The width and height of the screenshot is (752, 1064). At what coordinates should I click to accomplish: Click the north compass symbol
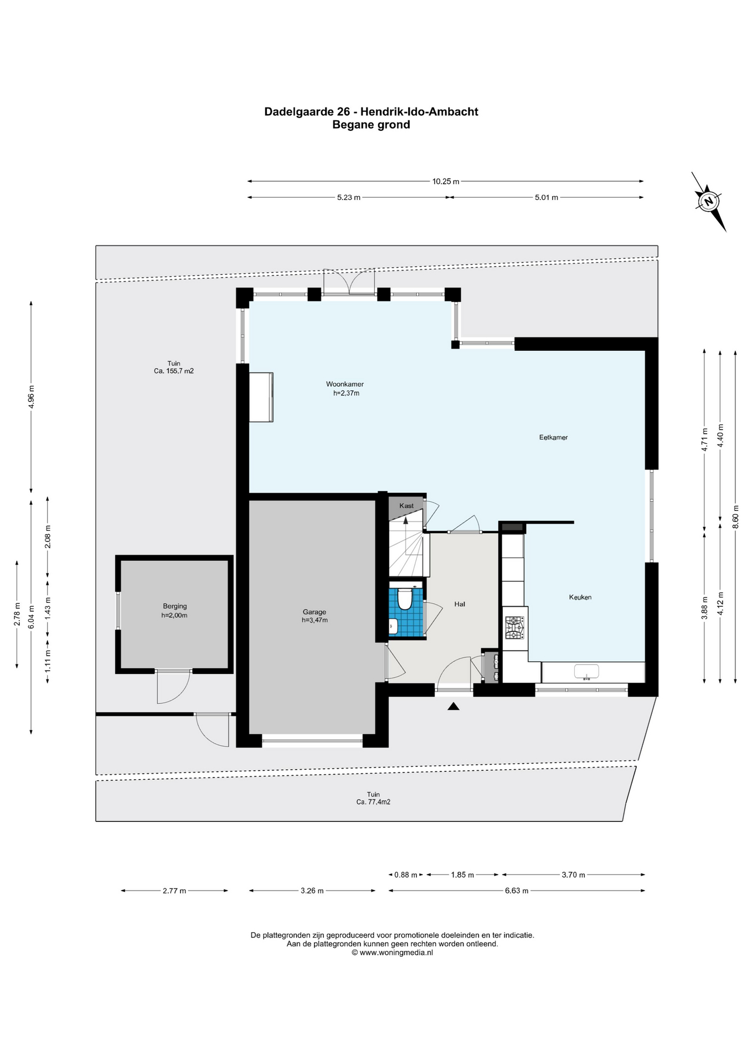pos(708,201)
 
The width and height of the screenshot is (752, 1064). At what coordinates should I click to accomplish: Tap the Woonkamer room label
pos(345,384)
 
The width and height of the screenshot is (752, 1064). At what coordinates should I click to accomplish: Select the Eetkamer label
pos(553,437)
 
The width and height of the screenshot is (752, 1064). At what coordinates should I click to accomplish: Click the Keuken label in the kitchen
pos(580,597)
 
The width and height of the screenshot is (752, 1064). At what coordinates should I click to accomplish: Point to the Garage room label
pos(314,612)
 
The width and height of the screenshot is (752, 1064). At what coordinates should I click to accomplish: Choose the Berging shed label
pos(174,606)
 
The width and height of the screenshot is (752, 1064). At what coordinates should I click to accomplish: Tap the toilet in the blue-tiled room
pos(405,598)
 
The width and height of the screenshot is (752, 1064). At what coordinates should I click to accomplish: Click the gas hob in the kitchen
pos(514,628)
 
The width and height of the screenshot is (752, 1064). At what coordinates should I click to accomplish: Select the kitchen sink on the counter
pos(586,672)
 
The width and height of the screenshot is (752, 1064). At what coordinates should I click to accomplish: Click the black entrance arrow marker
pos(454,706)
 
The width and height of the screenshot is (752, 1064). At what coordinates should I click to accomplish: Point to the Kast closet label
pos(406,505)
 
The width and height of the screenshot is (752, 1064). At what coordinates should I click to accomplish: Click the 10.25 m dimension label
pos(446,181)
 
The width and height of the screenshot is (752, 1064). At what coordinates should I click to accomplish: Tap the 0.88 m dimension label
pos(405,874)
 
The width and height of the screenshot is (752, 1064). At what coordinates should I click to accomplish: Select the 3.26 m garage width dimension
pos(312,891)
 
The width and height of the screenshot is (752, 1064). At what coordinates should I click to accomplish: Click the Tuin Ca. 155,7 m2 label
pos(174,367)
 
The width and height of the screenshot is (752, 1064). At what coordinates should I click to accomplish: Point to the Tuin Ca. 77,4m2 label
pos(373,798)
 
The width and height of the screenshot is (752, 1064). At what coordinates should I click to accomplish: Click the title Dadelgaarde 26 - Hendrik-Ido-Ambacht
pos(371,111)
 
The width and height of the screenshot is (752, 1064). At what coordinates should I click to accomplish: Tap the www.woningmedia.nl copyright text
pos(392,953)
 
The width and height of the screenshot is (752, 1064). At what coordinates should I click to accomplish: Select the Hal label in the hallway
pos(460,604)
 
